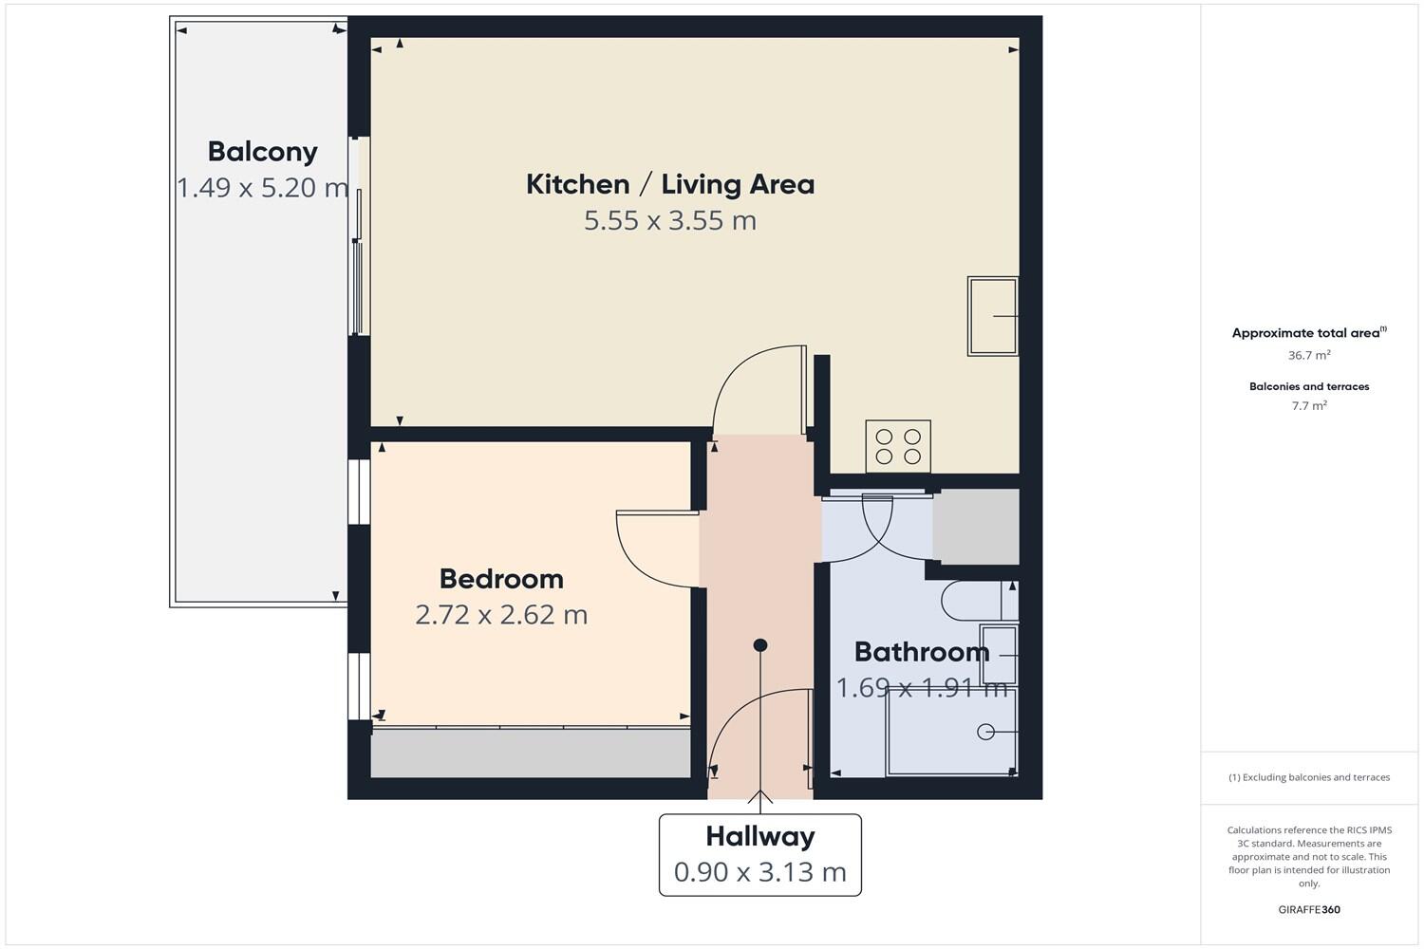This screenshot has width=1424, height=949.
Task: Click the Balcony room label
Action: (262, 152)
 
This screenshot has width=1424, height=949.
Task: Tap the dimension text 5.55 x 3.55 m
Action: (669, 220)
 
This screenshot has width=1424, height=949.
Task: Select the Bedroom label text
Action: (501, 579)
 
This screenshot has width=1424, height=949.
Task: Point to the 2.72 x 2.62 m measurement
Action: (501, 615)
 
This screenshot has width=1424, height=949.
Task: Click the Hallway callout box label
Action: (759, 836)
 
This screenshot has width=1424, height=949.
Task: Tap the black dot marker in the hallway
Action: (759, 645)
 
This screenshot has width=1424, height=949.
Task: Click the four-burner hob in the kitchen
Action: (898, 446)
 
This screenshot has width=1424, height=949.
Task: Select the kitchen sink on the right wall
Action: (992, 316)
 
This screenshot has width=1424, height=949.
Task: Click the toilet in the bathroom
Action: (968, 600)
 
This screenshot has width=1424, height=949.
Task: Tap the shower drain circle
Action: (985, 732)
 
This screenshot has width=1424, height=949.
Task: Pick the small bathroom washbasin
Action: (998, 655)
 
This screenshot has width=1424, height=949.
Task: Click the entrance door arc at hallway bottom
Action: (755, 731)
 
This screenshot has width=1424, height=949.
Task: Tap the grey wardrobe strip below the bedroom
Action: (530, 754)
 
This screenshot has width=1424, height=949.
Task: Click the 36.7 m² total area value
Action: (1309, 355)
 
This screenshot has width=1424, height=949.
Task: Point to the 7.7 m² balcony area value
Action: (1309, 405)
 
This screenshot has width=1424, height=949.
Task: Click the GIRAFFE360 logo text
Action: (1309, 909)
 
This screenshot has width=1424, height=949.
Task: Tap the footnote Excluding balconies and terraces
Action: (1309, 777)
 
